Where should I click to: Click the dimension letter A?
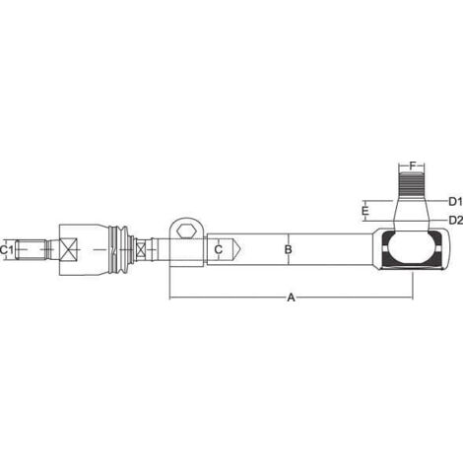pos(290,296)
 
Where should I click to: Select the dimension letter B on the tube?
pos(288,250)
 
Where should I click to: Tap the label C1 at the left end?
pos(8,250)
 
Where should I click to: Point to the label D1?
pos(455,200)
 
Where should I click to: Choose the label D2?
pos(455,219)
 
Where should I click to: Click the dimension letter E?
pos(364,210)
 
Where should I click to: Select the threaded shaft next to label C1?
pos(33,250)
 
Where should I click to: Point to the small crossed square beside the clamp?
pos(144,251)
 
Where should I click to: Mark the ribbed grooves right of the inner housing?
pos(122,250)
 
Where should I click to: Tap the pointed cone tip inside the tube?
pos(236,250)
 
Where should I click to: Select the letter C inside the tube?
pos(218,250)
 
